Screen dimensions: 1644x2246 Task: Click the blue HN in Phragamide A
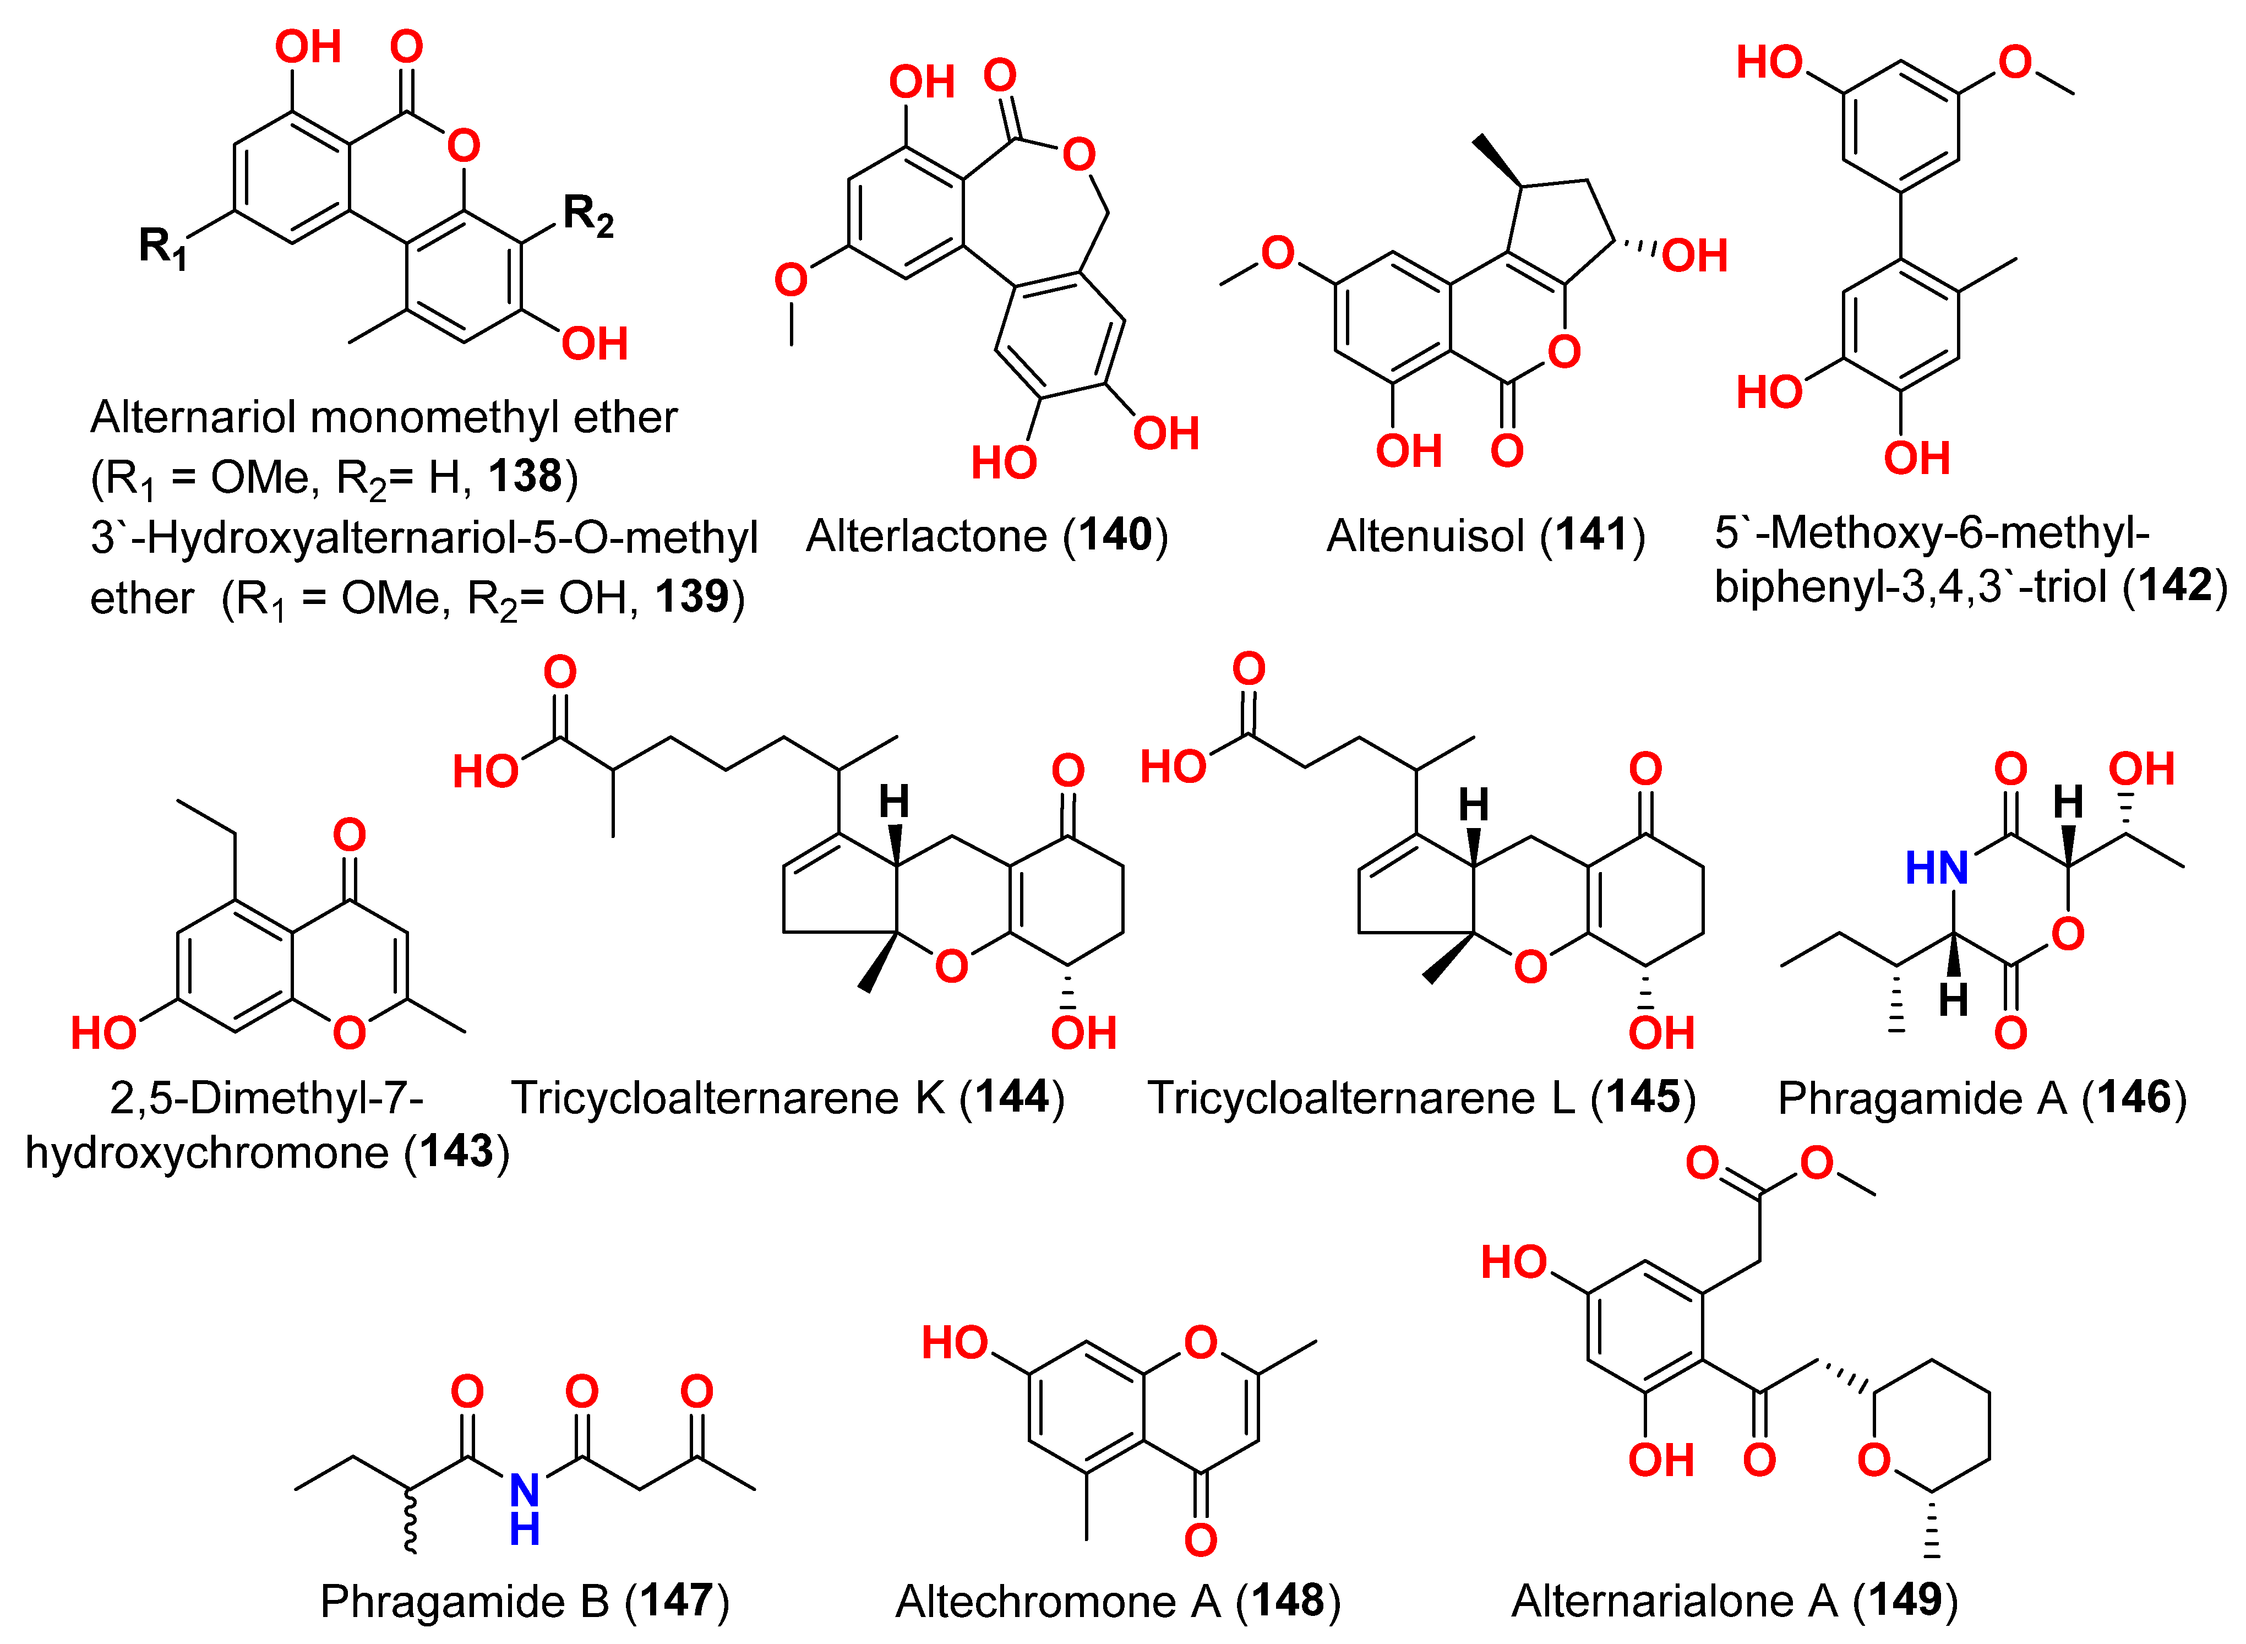pyautogui.click(x=1936, y=868)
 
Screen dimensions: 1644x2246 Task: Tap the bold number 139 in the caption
pyautogui.click(x=691, y=597)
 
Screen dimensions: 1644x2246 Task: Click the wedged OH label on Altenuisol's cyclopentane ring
pyautogui.click(x=1695, y=256)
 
